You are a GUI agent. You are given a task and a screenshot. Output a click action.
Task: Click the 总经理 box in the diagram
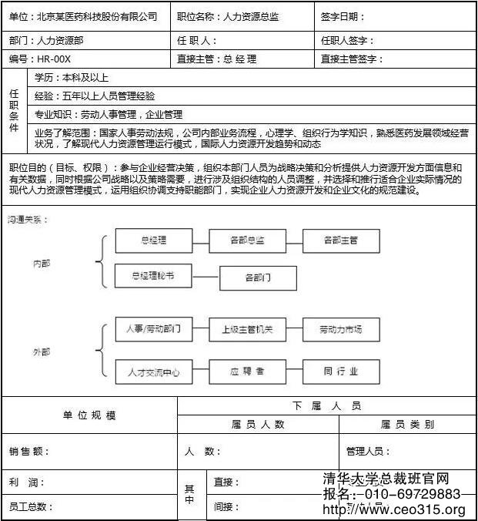(x=153, y=240)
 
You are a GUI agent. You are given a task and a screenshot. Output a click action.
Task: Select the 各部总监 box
(x=247, y=240)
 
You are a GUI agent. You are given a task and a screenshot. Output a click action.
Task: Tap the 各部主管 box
(x=340, y=240)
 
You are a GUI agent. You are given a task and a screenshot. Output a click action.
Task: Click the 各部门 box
(x=258, y=277)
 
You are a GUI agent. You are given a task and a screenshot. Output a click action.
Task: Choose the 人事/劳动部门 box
(x=153, y=330)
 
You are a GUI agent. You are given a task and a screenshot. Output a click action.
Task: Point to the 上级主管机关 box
(x=247, y=330)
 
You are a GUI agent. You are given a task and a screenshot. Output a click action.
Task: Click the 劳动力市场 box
(x=340, y=330)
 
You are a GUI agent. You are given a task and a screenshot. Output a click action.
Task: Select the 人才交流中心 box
(x=153, y=372)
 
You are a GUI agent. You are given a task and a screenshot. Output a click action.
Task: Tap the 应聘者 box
(x=247, y=371)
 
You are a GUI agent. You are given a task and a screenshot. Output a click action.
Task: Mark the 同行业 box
(x=340, y=371)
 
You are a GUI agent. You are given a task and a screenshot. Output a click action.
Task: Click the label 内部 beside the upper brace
(x=41, y=263)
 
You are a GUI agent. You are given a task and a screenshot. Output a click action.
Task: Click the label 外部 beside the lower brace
(x=41, y=351)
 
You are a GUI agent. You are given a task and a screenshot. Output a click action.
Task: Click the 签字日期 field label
(x=343, y=16)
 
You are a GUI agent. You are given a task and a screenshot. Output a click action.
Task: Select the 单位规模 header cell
(x=89, y=415)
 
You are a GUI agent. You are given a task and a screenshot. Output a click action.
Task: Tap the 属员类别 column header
(x=407, y=424)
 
